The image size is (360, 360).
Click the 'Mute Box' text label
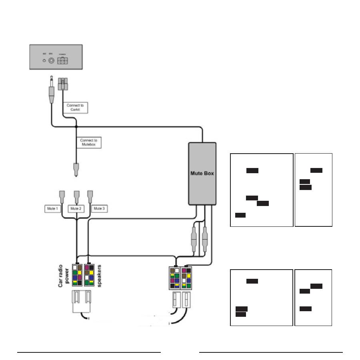point(202,174)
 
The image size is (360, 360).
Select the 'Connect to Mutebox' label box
point(88,143)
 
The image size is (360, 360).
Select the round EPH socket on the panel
point(51,61)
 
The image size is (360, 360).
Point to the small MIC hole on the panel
point(44,61)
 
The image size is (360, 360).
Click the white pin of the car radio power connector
point(74,267)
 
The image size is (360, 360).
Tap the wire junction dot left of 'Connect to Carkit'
point(76,126)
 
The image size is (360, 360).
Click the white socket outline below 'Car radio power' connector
point(82,300)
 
